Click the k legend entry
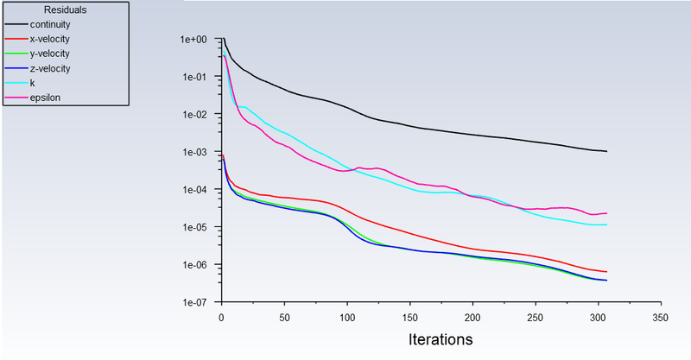pyautogui.click(x=32, y=83)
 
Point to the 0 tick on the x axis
pyautogui.click(x=222, y=317)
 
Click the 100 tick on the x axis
pyautogui.click(x=347, y=317)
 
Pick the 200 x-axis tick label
pyautogui.click(x=472, y=317)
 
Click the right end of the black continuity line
pyautogui.click(x=607, y=151)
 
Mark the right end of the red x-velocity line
pyautogui.click(x=607, y=272)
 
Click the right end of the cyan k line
pyautogui.click(x=607, y=224)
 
